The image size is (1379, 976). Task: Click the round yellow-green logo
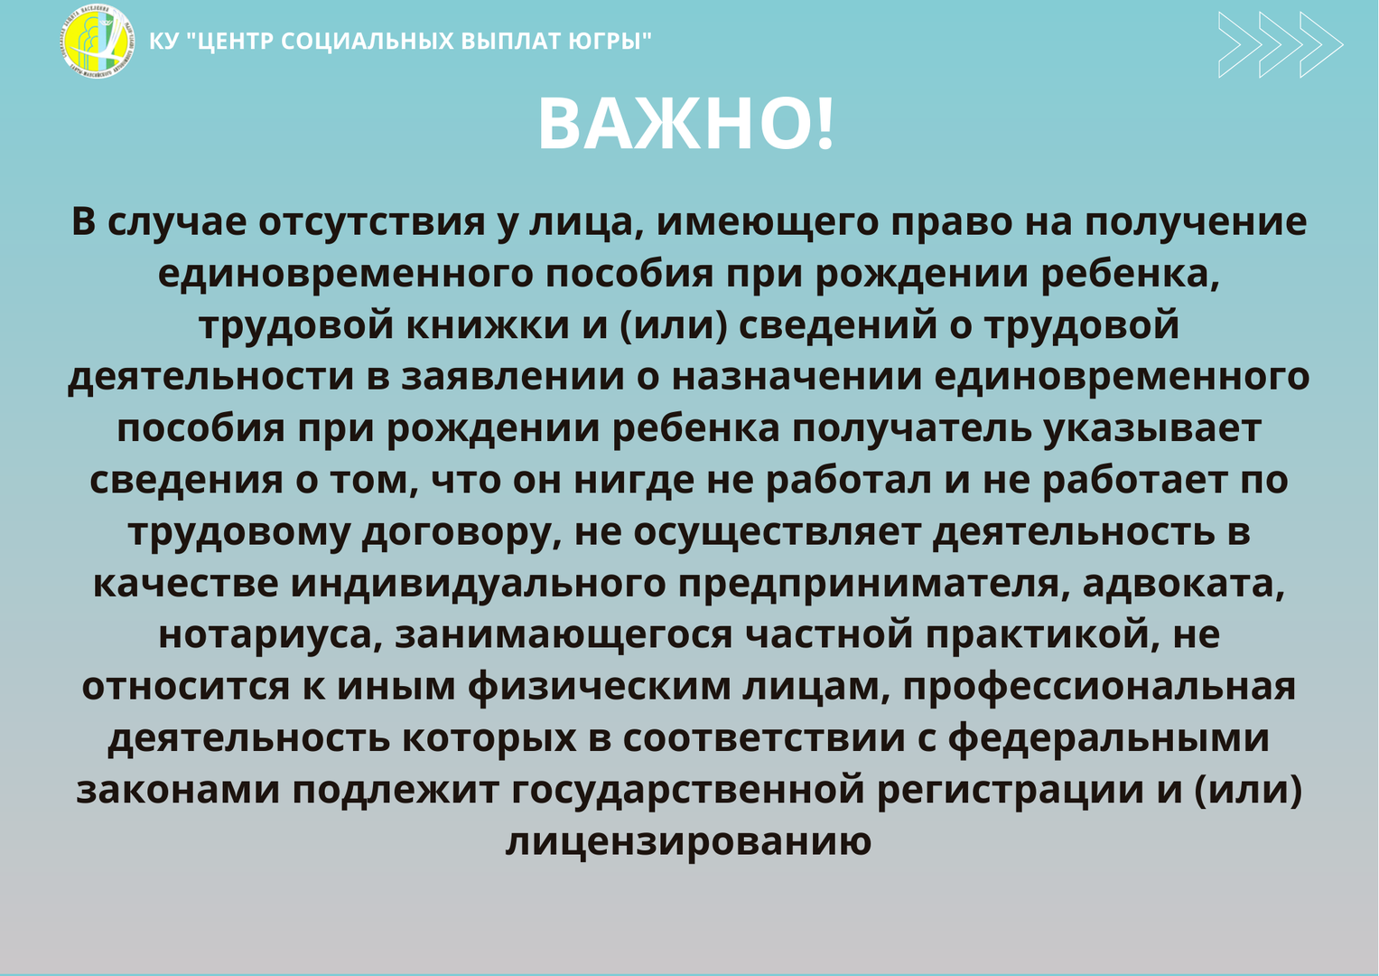click(98, 42)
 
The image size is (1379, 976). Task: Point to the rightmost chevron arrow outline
click(1321, 45)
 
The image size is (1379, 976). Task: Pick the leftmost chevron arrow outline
click(1240, 45)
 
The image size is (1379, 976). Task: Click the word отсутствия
click(372, 221)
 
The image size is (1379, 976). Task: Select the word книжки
click(488, 325)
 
